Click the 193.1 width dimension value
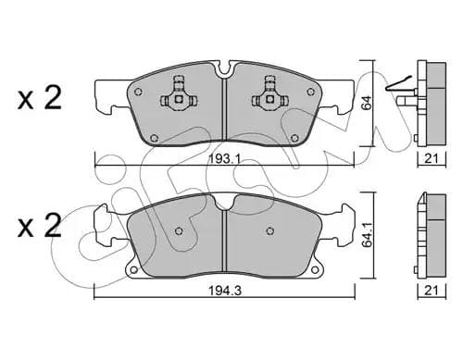[224, 159]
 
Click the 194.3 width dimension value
[225, 291]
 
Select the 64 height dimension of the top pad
[367, 103]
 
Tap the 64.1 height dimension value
[367, 235]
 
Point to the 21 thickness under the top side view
[432, 159]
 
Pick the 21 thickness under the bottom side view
[432, 291]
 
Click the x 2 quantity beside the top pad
[40, 98]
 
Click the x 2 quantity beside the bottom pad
[40, 226]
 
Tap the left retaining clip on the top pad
[179, 94]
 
